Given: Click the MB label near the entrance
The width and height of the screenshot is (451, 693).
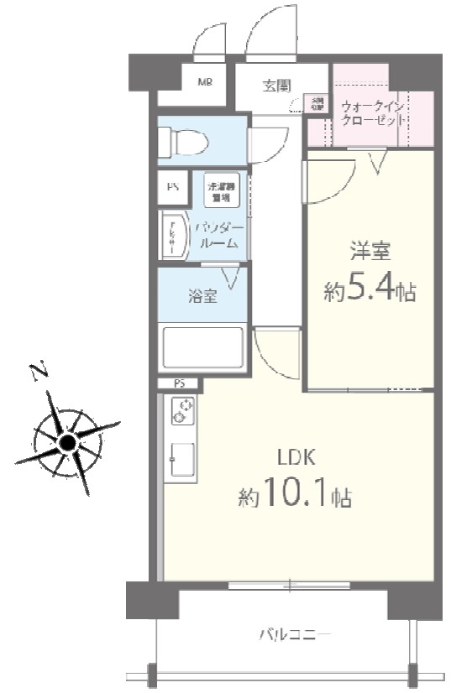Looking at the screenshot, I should pos(204,82).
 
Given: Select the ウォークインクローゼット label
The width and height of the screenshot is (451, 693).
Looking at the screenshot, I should pos(375,113).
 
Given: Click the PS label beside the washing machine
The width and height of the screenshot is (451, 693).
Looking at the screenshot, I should pos(173,187).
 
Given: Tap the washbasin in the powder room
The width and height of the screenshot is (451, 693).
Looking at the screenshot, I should pos(176,233).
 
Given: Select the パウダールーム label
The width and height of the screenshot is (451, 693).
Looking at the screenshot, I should pos(220,235).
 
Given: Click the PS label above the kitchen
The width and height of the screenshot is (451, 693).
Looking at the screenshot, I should pos(179,384).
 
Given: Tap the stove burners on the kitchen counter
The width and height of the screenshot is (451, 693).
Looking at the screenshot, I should pos(183,411).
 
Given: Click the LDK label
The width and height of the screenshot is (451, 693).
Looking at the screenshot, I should pos(296,458).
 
